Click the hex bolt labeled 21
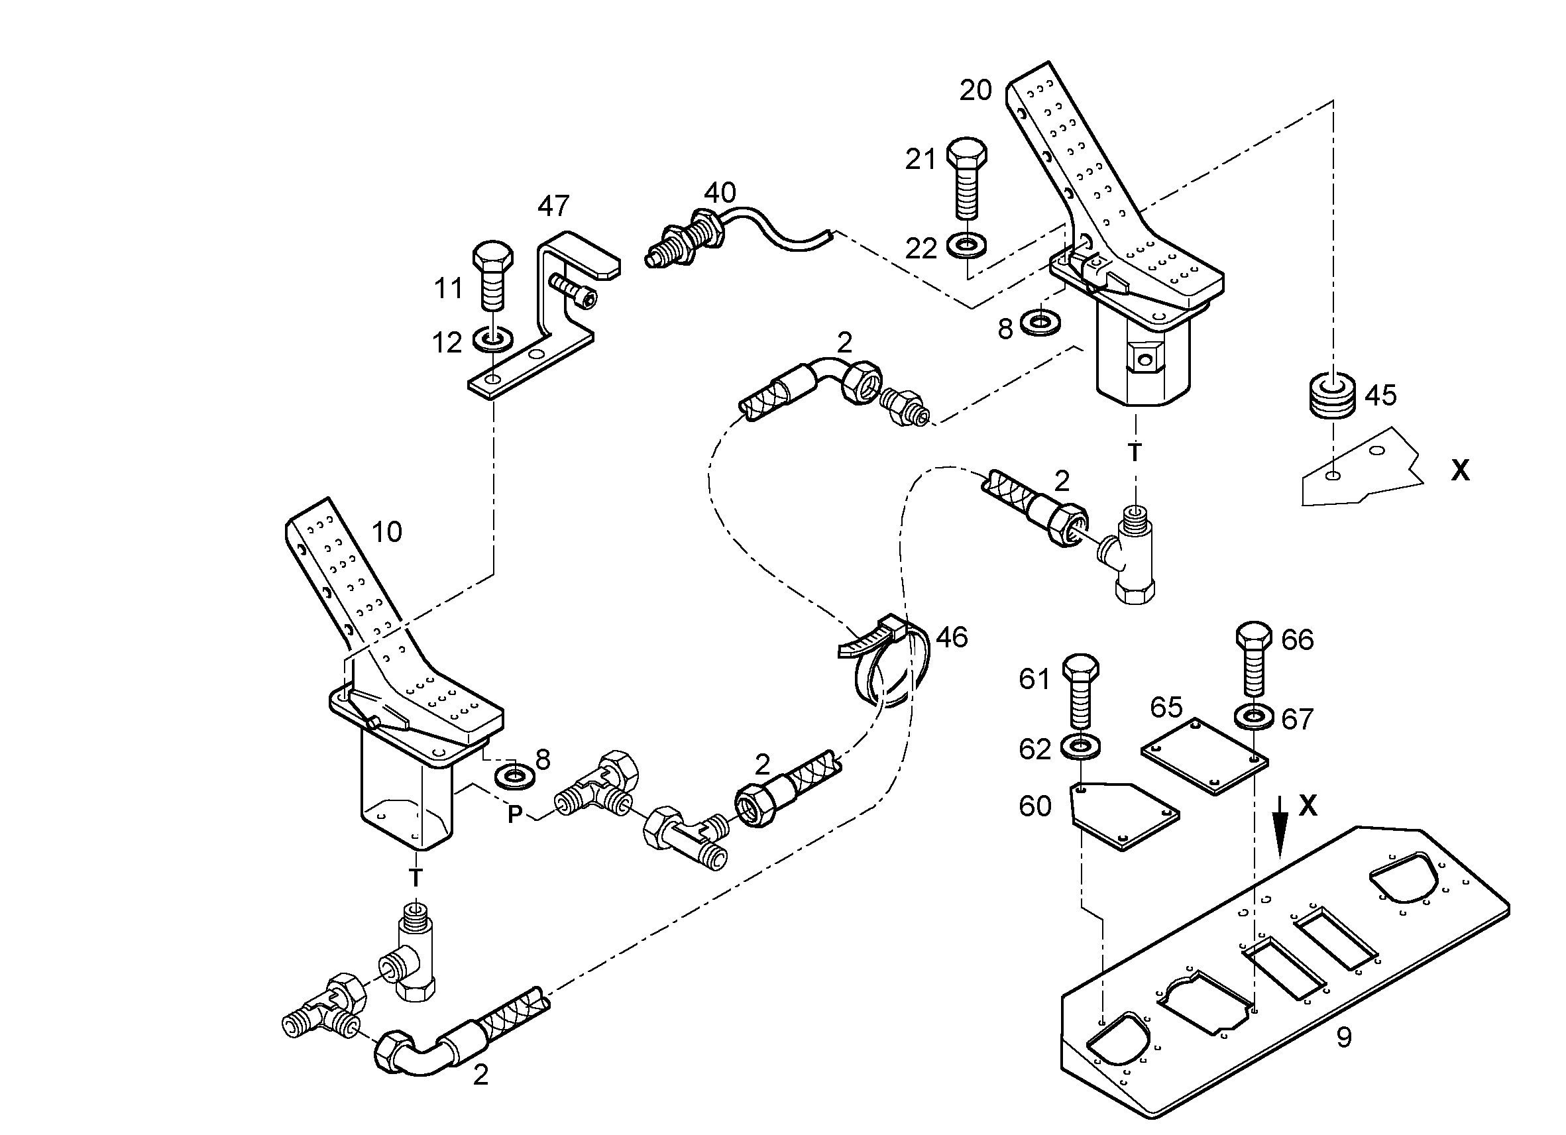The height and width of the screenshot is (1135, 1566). [966, 178]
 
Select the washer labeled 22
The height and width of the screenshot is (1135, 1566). [966, 244]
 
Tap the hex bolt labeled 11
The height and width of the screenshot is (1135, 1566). [492, 276]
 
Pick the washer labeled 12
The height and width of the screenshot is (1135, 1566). [492, 339]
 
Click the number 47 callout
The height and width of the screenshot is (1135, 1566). [553, 206]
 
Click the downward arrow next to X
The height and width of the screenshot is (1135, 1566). [1281, 826]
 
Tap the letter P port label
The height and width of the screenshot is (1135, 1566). [514, 815]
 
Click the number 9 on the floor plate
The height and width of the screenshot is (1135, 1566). [1344, 1037]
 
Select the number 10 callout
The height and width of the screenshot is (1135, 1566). [386, 531]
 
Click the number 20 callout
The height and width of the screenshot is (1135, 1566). [976, 89]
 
